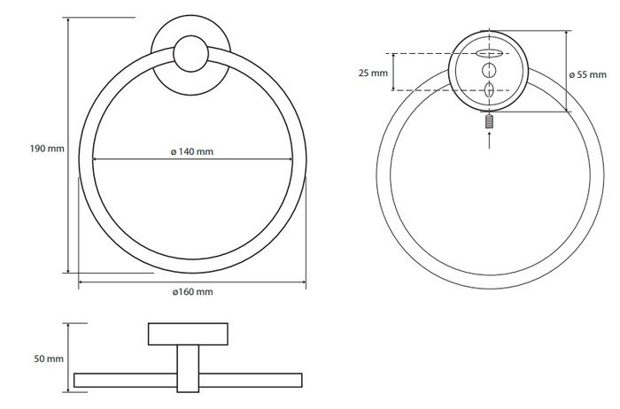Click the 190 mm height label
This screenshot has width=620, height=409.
coord(47,149)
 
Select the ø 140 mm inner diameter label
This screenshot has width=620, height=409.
coord(192,151)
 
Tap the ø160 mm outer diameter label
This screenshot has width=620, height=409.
coord(192,291)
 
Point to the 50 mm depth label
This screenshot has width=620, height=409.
coord(49,359)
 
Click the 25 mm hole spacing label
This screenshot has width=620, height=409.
coord(373,73)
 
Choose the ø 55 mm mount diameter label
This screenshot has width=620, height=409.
coord(587,74)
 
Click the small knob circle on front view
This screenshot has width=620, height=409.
coord(191,54)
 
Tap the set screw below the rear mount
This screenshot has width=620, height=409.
coord(490,121)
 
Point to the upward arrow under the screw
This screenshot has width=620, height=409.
coord(490,140)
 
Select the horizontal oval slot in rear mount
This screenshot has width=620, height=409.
coord(489,53)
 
